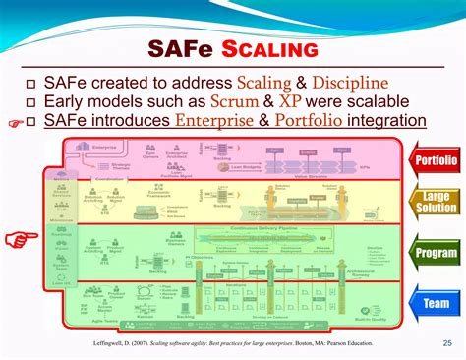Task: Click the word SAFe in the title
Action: click(177, 48)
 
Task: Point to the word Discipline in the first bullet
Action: click(345, 83)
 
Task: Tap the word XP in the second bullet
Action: click(290, 101)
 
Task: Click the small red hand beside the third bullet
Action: click(12, 123)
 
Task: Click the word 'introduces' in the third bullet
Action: click(129, 121)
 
